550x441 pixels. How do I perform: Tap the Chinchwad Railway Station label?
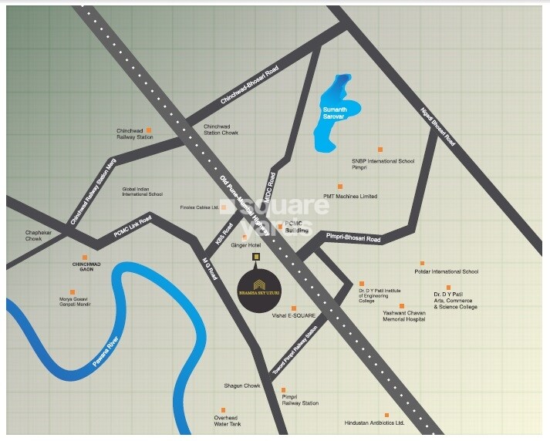[135, 133]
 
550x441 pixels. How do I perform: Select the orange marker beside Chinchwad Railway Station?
[150, 130]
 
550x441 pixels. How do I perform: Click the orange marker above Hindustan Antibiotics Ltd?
[386, 415]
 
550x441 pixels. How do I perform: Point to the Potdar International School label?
[447, 272]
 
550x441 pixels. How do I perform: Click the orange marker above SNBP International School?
[380, 150]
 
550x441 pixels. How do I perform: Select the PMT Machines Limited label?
[350, 197]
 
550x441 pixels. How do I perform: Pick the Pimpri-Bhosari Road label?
[353, 240]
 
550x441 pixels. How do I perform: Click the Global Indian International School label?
[142, 191]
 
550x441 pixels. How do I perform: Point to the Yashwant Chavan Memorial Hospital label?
[404, 316]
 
